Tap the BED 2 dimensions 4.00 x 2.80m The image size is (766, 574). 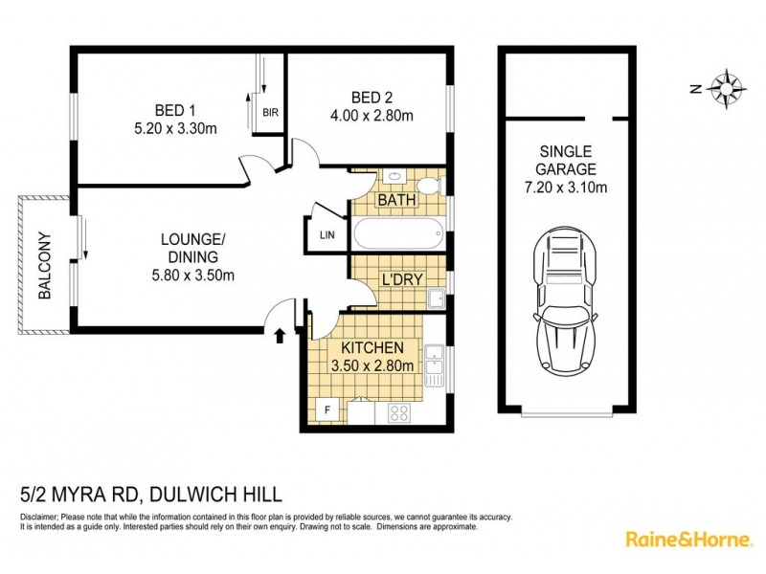[x=369, y=117]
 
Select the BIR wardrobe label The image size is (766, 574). [x=271, y=112]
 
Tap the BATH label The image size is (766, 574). [x=395, y=202]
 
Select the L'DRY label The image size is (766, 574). [x=401, y=281]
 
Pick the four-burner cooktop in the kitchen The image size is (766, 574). [x=399, y=413]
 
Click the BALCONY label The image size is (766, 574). [x=44, y=267]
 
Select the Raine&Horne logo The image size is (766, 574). [x=687, y=540]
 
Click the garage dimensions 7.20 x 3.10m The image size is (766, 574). [x=565, y=188]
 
